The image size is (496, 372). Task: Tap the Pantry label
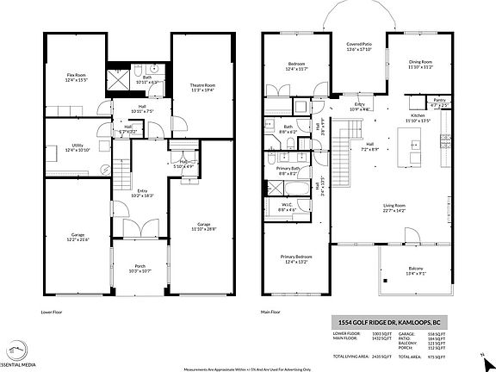(439, 101)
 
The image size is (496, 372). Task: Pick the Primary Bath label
(288, 169)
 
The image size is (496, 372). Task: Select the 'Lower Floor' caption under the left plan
(53, 313)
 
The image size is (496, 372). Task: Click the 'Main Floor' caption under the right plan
(272, 313)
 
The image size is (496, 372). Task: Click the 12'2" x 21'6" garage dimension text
(77, 239)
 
